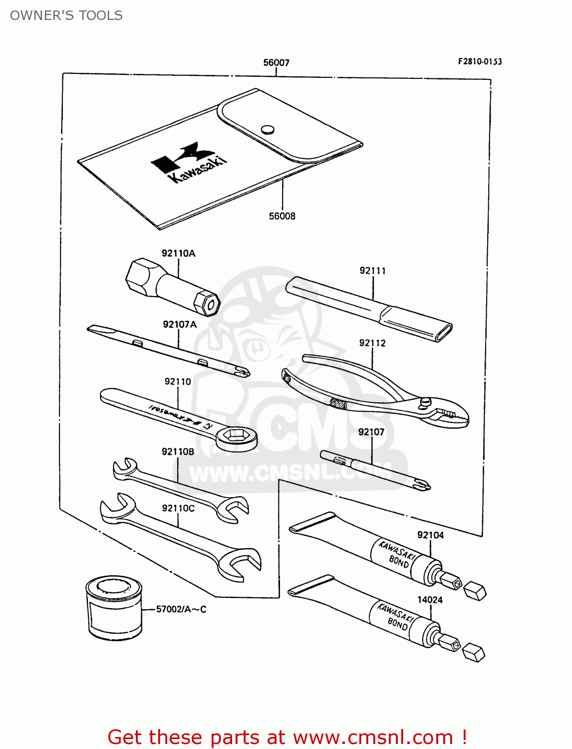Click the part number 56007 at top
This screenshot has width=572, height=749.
(276, 62)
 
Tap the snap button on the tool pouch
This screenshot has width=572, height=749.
(268, 129)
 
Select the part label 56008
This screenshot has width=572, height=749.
(282, 216)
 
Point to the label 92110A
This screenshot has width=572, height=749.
(178, 253)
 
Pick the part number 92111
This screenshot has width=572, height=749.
(372, 271)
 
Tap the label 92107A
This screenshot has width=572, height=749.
(180, 325)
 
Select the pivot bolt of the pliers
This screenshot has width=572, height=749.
(425, 401)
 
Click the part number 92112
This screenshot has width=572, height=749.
(372, 343)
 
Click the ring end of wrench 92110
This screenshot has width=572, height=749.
(237, 437)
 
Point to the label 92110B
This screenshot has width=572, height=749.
(178, 452)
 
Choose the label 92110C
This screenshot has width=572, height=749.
(178, 508)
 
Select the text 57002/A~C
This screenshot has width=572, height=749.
(181, 609)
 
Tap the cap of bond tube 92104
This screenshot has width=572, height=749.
(475, 591)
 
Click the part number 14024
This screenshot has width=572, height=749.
(430, 600)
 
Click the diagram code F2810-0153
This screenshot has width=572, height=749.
(480, 61)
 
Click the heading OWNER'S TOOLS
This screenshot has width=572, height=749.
(66, 15)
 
